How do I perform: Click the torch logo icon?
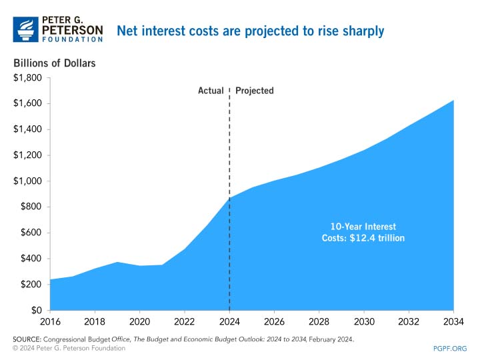[27, 29]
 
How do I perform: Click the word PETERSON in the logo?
[73, 30]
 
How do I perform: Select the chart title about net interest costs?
[251, 31]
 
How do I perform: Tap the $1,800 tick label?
[27, 78]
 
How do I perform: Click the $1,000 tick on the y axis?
[27, 181]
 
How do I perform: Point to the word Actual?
[211, 91]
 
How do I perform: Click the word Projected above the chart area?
[255, 91]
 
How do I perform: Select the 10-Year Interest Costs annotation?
[359, 232]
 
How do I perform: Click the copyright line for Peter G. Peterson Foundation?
[69, 349]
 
